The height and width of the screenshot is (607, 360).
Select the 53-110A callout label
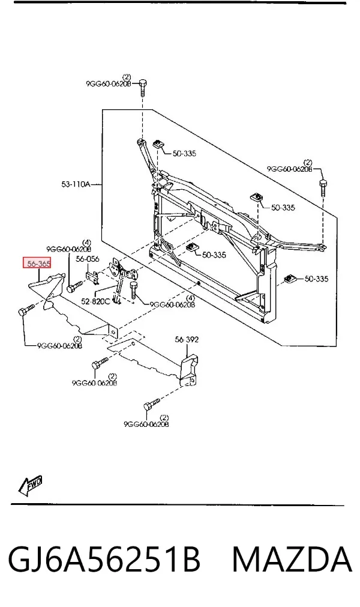pos(76,184)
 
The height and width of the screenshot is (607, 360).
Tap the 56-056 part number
pos(88,259)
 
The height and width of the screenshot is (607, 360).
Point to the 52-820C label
pos(95,301)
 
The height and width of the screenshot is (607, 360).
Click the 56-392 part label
pos(187,339)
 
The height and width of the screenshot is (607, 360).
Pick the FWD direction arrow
pos(30,485)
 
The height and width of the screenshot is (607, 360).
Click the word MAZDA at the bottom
pos(292,560)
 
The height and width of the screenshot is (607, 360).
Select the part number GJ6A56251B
pos(104,560)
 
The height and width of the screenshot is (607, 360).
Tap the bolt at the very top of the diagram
pos(142,88)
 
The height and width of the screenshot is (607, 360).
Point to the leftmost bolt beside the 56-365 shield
pos(26,309)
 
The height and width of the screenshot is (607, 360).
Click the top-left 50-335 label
pos(184,154)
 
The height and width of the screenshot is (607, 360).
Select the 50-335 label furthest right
pos(316,279)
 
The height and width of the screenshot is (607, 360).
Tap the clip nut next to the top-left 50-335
pos(158,145)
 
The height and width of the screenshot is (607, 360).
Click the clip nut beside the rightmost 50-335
pos(290,277)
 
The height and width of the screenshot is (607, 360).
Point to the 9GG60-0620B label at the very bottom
pos(146,424)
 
